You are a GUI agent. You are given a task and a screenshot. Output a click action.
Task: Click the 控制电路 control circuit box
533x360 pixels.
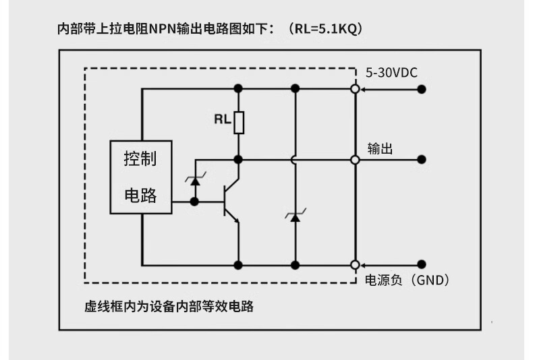pos(141,177)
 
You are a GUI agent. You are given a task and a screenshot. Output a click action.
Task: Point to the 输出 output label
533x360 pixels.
pos(380,148)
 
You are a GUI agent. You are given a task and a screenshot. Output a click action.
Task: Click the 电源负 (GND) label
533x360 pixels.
pos(407,280)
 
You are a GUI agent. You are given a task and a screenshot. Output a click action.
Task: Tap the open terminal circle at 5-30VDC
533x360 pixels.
pos(355,89)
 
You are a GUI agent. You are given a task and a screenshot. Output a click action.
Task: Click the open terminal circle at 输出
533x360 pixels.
pos(355,160)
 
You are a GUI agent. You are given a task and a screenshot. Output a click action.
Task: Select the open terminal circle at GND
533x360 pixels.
pos(355,264)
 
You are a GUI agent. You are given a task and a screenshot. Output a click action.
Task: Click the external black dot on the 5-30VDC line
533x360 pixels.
pos(422,89)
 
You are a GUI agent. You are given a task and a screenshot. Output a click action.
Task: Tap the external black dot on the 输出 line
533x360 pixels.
pos(422,160)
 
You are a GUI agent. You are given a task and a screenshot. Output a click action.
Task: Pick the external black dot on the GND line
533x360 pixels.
pos(422,264)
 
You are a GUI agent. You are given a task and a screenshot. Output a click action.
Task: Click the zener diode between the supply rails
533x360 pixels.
pos(295,216)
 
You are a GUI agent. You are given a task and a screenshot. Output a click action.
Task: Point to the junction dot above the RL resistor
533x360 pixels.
pos(238,89)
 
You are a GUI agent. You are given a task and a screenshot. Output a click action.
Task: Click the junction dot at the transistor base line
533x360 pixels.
pos(195,201)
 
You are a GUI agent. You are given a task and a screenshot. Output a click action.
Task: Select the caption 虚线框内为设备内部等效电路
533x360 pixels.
pos(169,306)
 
